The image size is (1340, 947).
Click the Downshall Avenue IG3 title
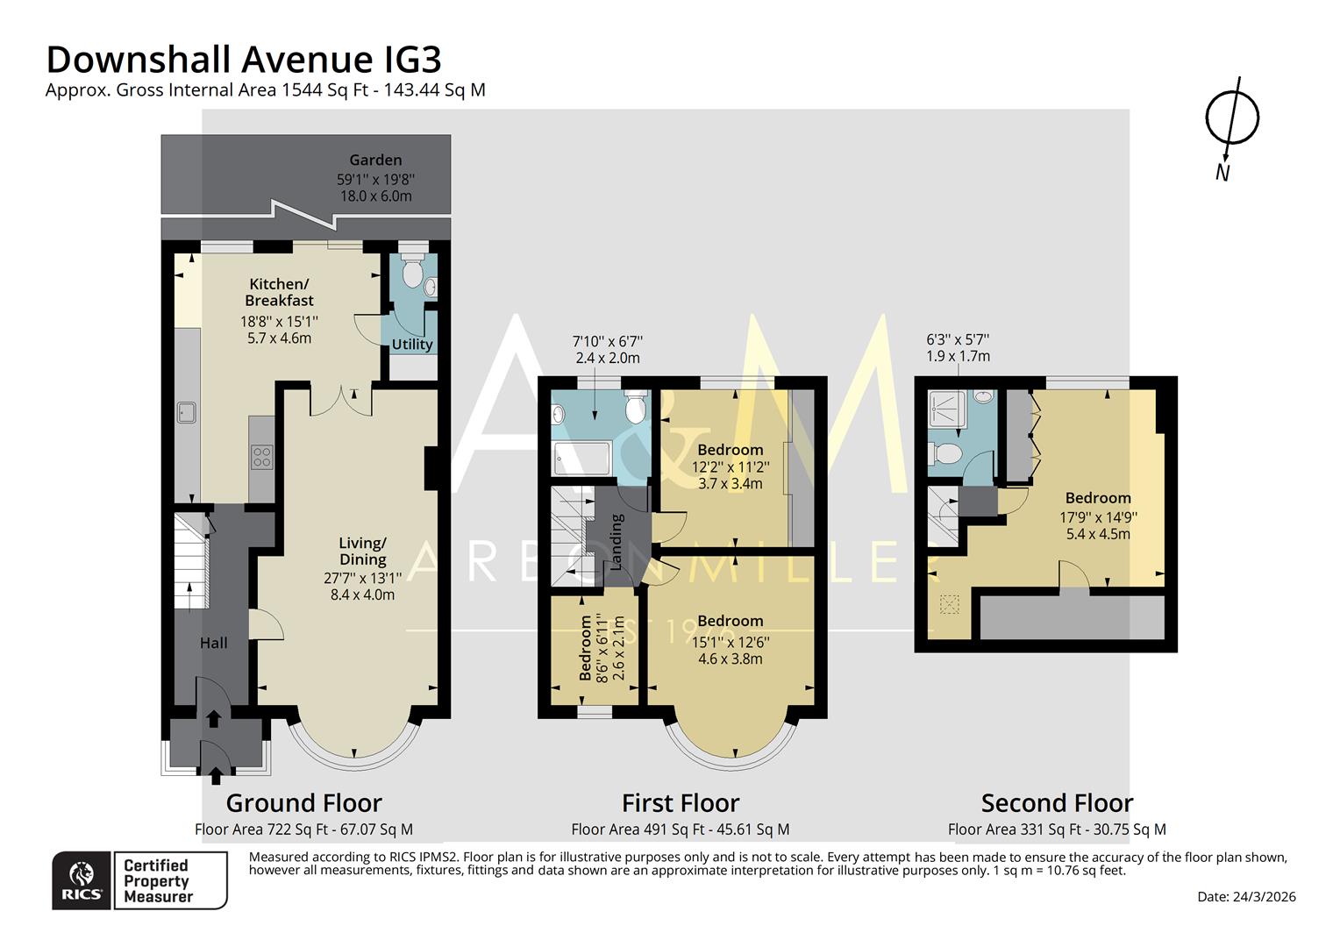click(244, 60)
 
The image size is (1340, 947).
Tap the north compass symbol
click(1232, 118)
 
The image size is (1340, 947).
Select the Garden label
click(375, 160)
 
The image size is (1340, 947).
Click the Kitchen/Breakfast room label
click(279, 292)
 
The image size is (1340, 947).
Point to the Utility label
click(412, 345)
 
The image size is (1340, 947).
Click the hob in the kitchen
click(261, 457)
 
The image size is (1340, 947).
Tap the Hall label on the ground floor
click(213, 643)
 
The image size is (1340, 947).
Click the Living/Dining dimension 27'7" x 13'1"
click(362, 578)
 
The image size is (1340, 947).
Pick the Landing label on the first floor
click(616, 542)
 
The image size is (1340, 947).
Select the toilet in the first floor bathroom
click(635, 408)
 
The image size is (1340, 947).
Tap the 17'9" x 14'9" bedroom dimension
click(1098, 517)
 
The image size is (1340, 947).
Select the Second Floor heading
click(1057, 802)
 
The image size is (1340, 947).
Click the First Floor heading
click(681, 802)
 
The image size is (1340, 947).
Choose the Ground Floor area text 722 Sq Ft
click(303, 830)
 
